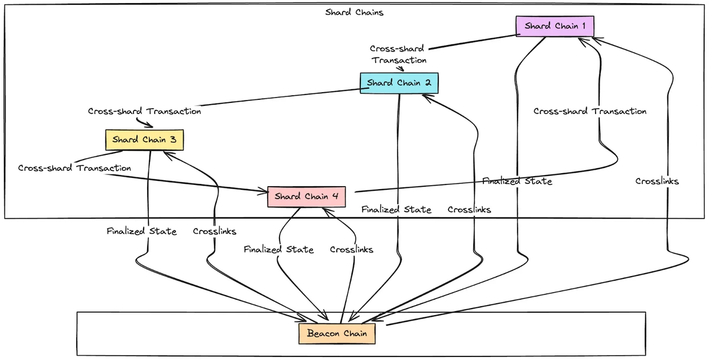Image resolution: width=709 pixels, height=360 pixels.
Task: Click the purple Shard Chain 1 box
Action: point(555,27)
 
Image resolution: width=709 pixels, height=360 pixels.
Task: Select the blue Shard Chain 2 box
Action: point(399,83)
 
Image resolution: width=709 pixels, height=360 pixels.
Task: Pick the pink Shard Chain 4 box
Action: point(306,197)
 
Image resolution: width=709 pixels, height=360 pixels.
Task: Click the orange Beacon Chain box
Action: point(337,334)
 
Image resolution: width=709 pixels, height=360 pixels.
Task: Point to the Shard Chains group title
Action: point(354,12)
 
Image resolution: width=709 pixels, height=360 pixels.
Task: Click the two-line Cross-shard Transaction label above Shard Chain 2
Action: point(398,54)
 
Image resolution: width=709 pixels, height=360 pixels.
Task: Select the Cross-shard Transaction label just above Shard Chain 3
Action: point(144,111)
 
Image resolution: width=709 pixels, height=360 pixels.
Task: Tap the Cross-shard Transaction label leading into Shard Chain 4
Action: point(74,168)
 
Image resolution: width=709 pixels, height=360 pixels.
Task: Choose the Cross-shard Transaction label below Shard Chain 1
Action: point(590,111)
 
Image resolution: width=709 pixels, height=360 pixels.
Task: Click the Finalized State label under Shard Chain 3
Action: point(141,232)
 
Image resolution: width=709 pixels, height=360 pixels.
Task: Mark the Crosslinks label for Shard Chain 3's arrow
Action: point(214,232)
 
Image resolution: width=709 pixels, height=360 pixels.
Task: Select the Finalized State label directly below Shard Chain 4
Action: point(278,250)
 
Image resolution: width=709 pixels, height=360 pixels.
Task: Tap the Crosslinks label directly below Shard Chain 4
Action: point(352,250)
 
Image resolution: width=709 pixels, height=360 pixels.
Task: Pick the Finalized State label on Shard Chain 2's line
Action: point(396,210)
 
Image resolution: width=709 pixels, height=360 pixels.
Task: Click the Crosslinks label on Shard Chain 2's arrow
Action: point(469,210)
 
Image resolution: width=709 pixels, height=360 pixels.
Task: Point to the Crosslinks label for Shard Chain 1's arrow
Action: point(657,181)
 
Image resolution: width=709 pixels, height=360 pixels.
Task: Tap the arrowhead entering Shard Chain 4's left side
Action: point(264,191)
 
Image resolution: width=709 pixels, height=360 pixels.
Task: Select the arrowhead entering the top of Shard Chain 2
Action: point(403,69)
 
